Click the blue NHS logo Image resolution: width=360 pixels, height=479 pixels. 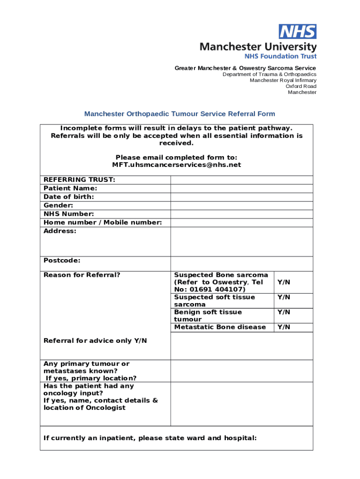coord(298,32)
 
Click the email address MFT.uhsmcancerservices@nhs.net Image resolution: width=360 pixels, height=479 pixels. coord(177,165)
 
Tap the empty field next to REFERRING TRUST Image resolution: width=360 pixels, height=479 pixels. coord(241,180)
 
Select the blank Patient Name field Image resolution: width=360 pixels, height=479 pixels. coord(241,189)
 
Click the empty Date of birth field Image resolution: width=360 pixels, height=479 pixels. coord(241,197)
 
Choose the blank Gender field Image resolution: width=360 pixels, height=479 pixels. coord(241,206)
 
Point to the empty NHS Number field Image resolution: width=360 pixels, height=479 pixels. coord(241,214)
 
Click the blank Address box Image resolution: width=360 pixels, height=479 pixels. coord(241,241)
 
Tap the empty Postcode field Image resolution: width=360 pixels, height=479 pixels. coord(241,263)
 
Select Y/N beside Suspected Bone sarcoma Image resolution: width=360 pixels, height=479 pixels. coord(284,282)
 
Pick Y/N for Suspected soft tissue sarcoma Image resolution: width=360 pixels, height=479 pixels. coord(284,297)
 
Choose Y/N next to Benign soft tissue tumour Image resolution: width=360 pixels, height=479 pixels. coord(284,312)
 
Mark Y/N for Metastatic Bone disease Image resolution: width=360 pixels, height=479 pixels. coord(284,327)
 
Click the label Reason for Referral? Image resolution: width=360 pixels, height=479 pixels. coord(82,275)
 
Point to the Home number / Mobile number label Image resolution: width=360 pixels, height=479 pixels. coord(103,223)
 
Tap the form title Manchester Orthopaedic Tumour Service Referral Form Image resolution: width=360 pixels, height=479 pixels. coord(180,114)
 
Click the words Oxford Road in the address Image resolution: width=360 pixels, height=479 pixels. coord(301,86)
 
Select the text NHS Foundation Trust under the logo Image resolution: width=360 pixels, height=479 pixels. coord(281,56)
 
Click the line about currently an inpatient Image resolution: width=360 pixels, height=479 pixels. coord(150,438)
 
